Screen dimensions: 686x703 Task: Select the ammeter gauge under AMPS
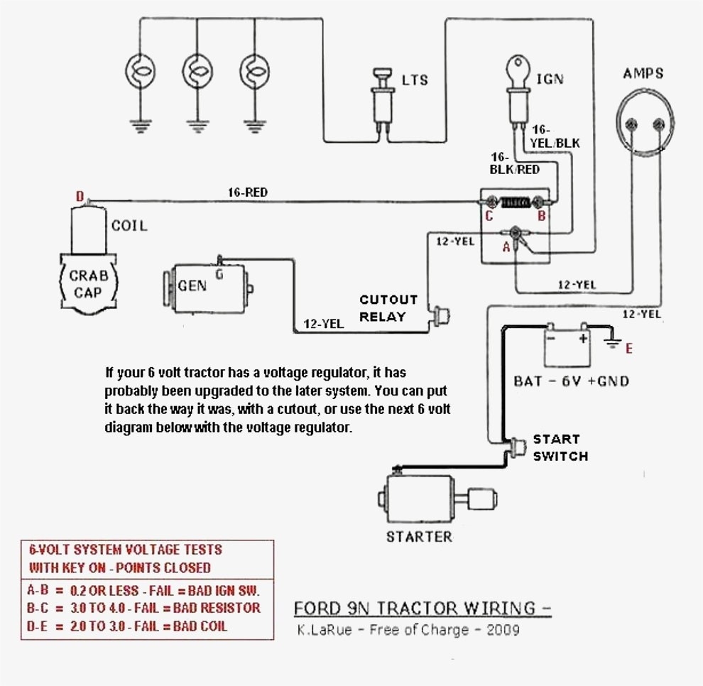pos(644,126)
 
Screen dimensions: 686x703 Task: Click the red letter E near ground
pos(628,349)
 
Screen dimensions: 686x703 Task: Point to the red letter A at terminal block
pos(506,248)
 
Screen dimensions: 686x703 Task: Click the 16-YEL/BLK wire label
pos(555,137)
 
